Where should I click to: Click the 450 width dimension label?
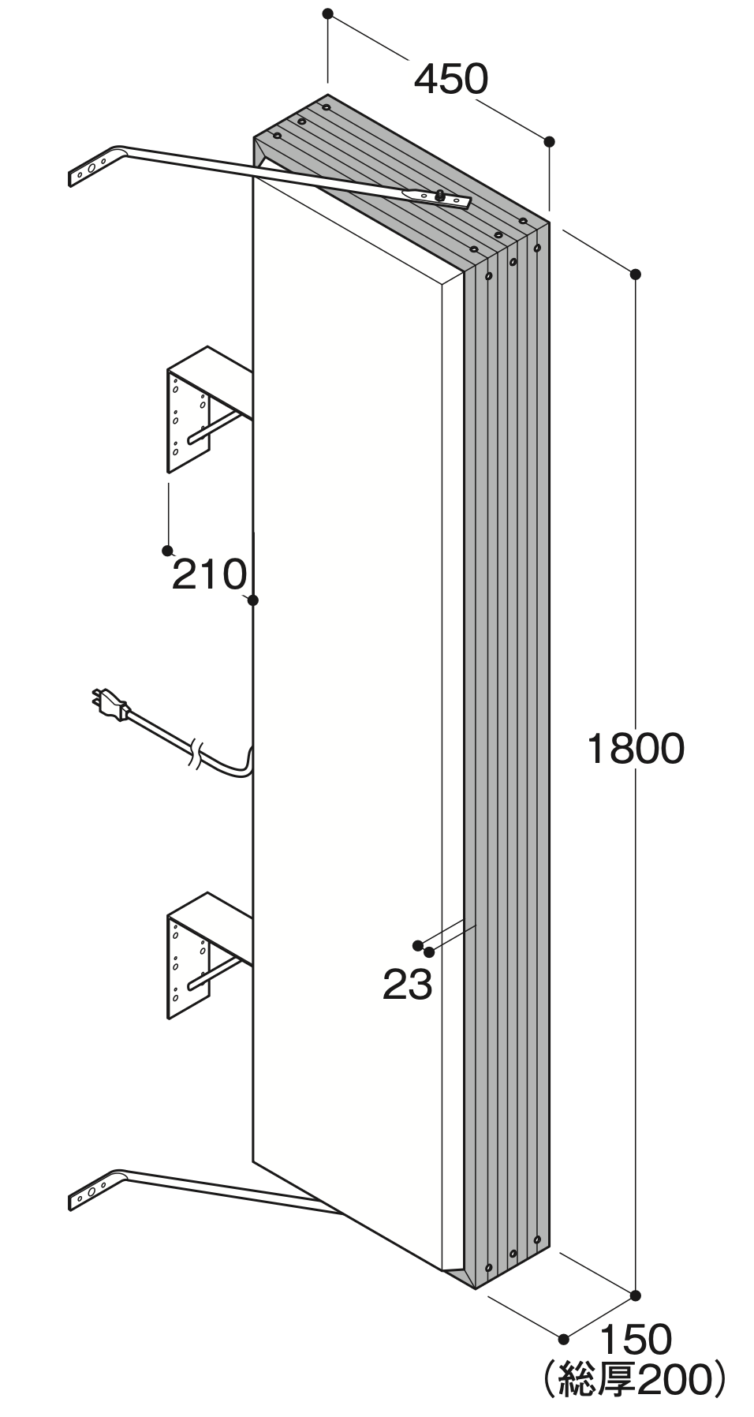click(451, 79)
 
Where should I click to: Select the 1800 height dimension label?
click(635, 749)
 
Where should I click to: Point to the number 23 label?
click(408, 985)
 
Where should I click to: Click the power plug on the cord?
click(110, 703)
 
